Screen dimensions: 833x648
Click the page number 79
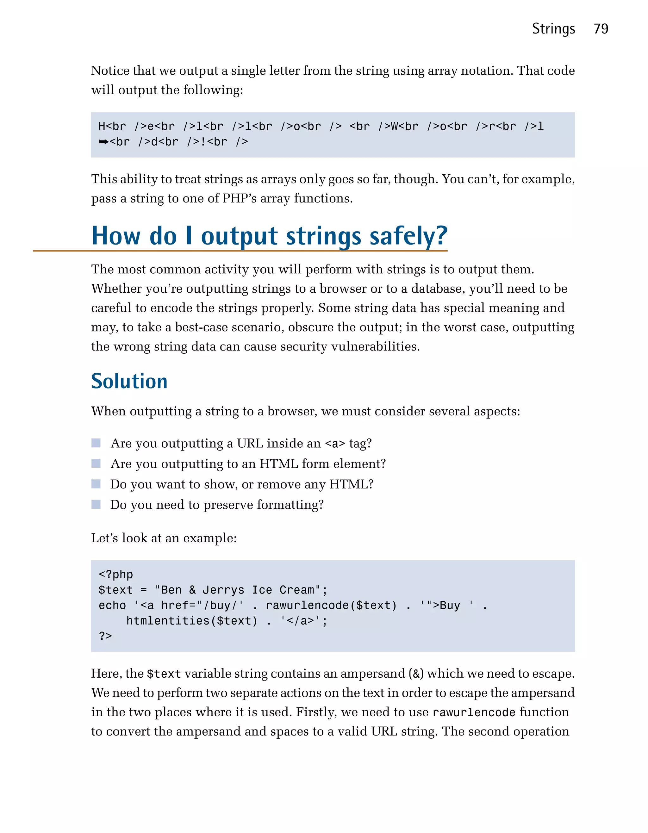click(x=601, y=29)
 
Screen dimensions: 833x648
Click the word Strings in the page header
click(x=553, y=29)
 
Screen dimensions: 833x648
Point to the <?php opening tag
click(x=115, y=575)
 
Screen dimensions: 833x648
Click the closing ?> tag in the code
click(x=105, y=636)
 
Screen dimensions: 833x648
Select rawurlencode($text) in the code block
click(x=331, y=605)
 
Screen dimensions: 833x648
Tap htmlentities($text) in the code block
click(x=192, y=621)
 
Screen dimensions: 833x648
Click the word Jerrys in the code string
click(x=223, y=590)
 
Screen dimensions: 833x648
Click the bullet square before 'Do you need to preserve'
click(x=96, y=504)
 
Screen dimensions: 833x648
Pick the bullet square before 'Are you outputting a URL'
click(x=96, y=443)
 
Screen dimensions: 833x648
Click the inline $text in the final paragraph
click(x=164, y=674)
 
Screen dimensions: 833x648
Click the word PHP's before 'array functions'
click(x=239, y=198)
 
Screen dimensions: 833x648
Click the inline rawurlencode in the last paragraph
click(x=474, y=712)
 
